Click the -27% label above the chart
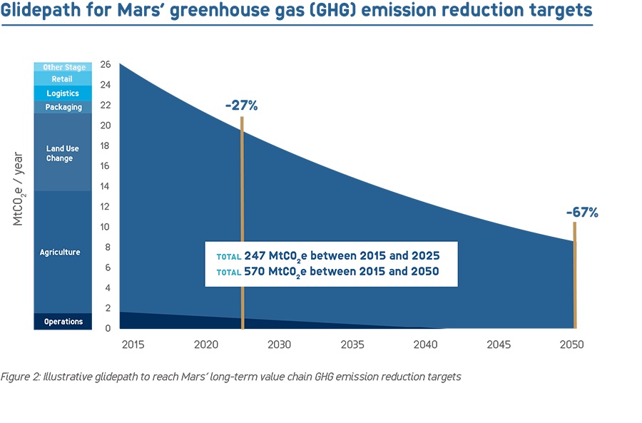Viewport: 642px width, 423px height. point(241,106)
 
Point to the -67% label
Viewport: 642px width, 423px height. point(582,212)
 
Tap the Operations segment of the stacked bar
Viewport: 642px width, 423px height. point(63,322)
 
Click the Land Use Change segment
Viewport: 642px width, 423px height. point(63,153)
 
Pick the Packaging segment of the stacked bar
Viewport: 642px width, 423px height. point(63,107)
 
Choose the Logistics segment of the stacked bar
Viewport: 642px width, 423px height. point(63,93)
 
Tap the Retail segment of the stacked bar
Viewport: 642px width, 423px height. point(63,79)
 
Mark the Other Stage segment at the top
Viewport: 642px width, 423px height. point(63,67)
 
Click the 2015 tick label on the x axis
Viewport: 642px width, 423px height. point(133,345)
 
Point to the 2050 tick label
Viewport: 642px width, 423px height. point(572,345)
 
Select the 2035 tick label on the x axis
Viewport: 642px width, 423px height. point(352,345)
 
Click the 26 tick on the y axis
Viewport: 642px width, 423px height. point(106,64)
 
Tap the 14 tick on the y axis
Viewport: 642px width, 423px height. point(106,186)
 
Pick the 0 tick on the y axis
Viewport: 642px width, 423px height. point(108,329)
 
